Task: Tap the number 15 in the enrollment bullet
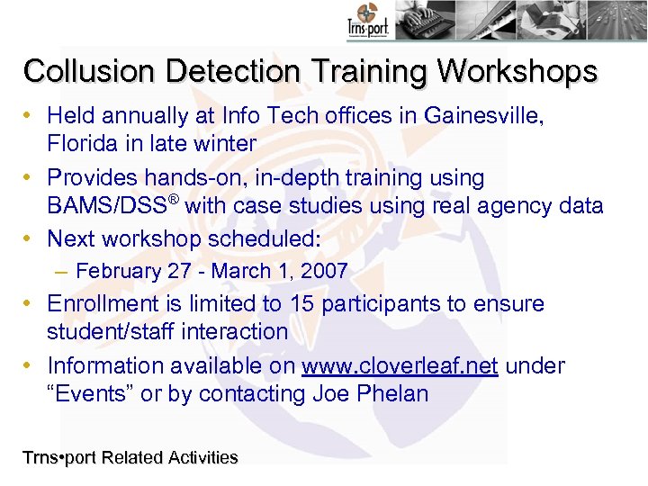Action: pyautogui.click(x=302, y=304)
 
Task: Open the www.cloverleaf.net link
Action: pyautogui.click(x=400, y=366)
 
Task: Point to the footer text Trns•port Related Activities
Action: pyautogui.click(x=130, y=458)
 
